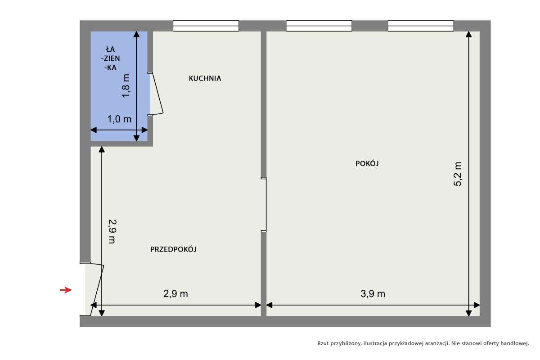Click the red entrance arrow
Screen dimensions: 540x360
tap(66, 290)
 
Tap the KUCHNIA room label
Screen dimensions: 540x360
tap(205, 78)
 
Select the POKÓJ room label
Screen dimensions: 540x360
tap(367, 163)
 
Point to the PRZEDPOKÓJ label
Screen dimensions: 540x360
tap(173, 249)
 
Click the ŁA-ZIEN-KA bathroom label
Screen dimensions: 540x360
tap(110, 58)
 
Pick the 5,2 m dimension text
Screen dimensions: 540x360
tap(457, 174)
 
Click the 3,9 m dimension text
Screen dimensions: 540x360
tap(373, 294)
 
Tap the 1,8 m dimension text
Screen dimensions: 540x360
tap(126, 85)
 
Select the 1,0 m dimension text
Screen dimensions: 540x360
tap(119, 119)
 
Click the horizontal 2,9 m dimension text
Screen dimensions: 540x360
tap(175, 294)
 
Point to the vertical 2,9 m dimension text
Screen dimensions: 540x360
tap(112, 231)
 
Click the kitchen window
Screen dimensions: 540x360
tap(206, 26)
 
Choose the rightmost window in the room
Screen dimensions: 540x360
tap(421, 26)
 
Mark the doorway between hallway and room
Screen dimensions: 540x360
tap(264, 205)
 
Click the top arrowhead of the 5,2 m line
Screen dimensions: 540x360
tap(468, 35)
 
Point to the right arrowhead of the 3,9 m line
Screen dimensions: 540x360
tap(477, 305)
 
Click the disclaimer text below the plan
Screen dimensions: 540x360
tap(423, 343)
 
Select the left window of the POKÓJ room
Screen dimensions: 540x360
tap(319, 26)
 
